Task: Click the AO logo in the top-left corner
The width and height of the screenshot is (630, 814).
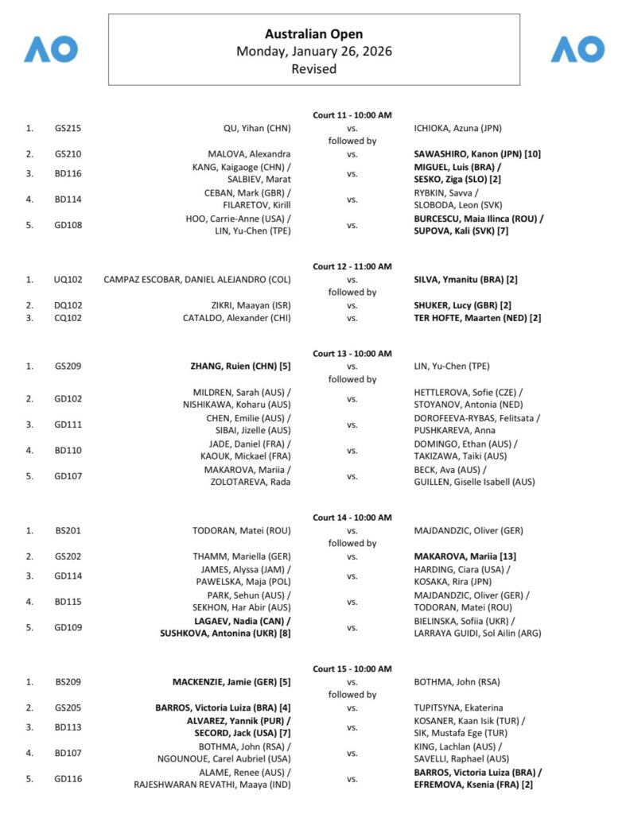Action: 51,49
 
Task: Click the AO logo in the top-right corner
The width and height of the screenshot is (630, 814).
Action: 578,49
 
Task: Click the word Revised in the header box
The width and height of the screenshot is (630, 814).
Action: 313,68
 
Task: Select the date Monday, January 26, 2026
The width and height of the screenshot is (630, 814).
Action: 313,52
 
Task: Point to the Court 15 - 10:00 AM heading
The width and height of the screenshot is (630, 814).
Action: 352,669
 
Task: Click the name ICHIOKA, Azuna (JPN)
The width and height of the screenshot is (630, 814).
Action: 457,128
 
